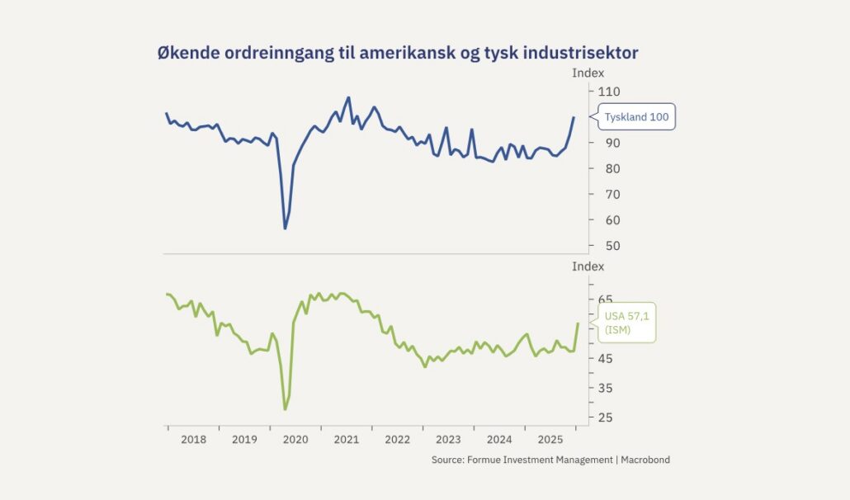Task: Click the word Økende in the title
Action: click(x=187, y=53)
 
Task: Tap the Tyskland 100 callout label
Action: click(x=636, y=117)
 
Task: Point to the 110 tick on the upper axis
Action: click(x=609, y=91)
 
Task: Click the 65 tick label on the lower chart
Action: click(x=607, y=300)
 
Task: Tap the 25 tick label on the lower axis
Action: click(x=607, y=417)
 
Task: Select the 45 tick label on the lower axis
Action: click(x=607, y=358)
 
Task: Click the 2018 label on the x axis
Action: click(x=193, y=440)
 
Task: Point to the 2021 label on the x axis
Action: click(x=346, y=440)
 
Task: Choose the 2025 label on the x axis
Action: click(x=550, y=440)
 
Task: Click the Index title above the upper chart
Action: click(x=588, y=73)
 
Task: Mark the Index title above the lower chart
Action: click(x=588, y=267)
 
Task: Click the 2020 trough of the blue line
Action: click(x=286, y=229)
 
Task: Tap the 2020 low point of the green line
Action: click(x=286, y=409)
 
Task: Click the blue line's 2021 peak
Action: click(x=348, y=97)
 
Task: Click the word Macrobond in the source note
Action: click(x=645, y=460)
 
